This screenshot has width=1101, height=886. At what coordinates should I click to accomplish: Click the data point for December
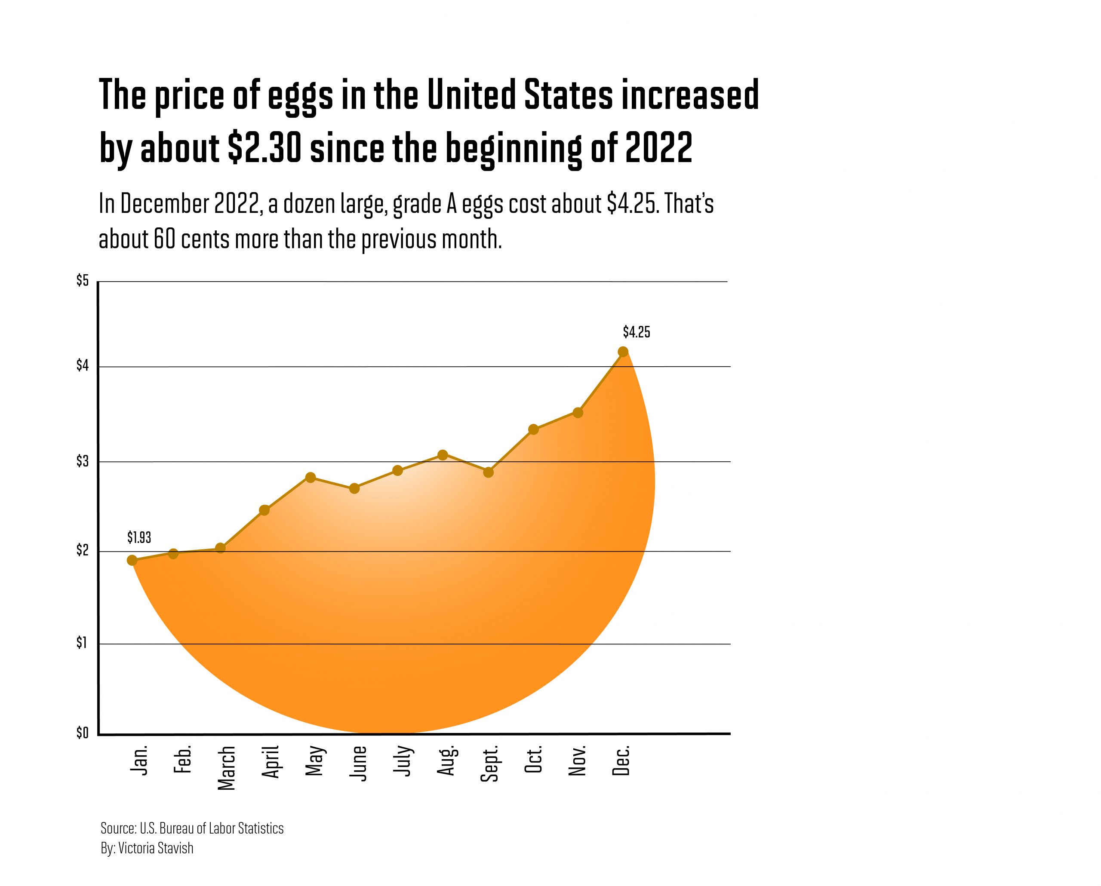click(623, 352)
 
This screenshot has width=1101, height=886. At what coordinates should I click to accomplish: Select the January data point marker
click(132, 561)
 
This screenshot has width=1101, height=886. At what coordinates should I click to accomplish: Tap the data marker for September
click(488, 472)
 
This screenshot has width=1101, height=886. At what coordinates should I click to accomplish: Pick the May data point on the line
click(311, 478)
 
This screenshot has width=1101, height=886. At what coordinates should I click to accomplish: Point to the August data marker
click(443, 455)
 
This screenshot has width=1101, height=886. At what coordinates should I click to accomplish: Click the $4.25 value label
click(636, 333)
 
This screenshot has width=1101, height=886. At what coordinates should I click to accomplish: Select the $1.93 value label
click(139, 537)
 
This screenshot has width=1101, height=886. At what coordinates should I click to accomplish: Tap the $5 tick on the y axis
click(82, 281)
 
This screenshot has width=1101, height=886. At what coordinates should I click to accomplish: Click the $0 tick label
click(82, 733)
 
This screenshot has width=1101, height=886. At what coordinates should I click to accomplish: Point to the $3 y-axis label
click(82, 461)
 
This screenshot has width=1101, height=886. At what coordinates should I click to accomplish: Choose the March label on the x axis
click(226, 768)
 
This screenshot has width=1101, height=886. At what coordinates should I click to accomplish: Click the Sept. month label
click(489, 764)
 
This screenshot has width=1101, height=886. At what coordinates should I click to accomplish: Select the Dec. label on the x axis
click(621, 761)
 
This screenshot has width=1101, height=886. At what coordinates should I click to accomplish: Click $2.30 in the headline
click(264, 147)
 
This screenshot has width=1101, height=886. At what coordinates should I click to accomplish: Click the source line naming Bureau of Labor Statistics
click(192, 828)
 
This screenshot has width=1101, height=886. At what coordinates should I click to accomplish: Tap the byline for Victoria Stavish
click(147, 848)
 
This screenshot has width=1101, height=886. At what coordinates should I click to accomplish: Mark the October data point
click(533, 429)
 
